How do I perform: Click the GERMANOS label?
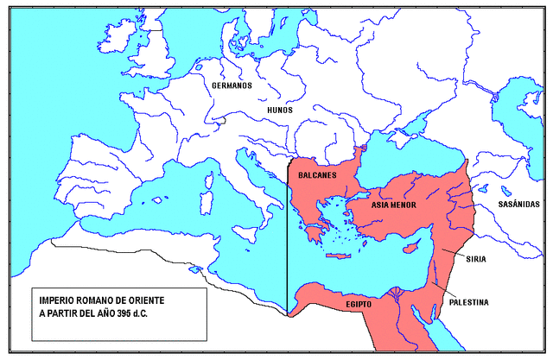232,85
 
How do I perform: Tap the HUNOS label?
280,110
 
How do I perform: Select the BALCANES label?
318,174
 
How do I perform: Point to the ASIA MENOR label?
394,205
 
